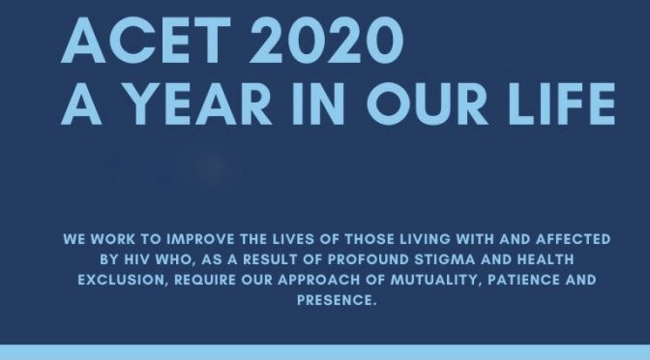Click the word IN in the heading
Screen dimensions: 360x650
324,104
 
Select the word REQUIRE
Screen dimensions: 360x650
203,279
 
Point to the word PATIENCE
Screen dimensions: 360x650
514,279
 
